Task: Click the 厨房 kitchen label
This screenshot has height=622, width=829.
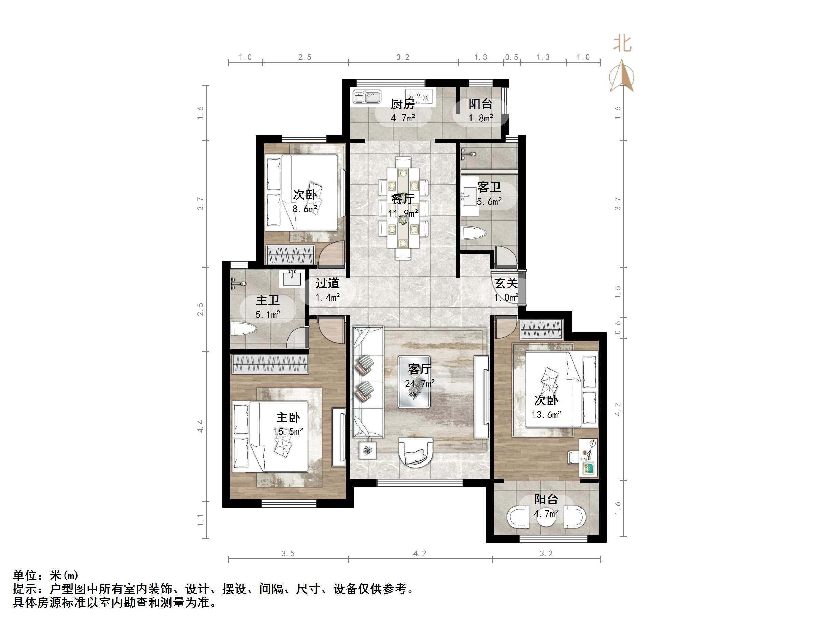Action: (403, 104)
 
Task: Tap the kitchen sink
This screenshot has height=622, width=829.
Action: (367, 97)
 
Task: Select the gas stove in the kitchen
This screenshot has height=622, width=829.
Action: (419, 96)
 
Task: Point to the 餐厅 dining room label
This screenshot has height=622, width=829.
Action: (403, 199)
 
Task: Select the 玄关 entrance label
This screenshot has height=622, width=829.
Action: (506, 283)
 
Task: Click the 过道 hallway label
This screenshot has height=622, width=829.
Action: (327, 283)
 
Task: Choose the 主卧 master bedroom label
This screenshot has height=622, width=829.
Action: (288, 417)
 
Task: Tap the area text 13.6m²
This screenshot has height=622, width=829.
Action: (546, 415)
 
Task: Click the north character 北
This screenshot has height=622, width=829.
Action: (622, 43)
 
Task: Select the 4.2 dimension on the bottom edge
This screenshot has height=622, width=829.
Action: (420, 553)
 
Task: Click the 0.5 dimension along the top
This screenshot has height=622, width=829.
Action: (511, 57)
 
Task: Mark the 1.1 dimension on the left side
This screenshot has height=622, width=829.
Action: (200, 520)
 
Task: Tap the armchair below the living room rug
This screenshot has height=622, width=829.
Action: (416, 452)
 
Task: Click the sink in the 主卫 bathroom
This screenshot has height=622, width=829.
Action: (292, 279)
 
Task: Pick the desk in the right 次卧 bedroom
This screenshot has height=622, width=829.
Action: (588, 458)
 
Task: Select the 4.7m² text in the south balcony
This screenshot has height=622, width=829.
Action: (546, 513)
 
